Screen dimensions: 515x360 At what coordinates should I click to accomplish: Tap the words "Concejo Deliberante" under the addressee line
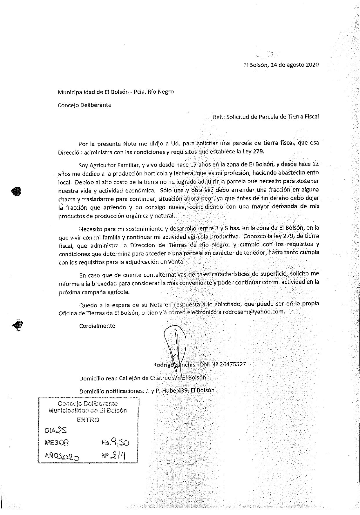coord(84,105)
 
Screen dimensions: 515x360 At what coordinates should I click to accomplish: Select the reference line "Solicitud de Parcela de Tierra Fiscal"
coord(272,117)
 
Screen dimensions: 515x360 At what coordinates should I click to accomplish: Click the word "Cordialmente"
coord(97,326)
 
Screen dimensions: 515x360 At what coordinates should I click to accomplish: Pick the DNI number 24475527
coord(233,364)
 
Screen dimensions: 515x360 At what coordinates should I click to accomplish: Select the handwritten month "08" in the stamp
coord(64,443)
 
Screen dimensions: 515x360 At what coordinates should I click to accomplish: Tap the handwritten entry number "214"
coord(118,455)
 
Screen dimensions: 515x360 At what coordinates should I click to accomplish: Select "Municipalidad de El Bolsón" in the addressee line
coord(93,92)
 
